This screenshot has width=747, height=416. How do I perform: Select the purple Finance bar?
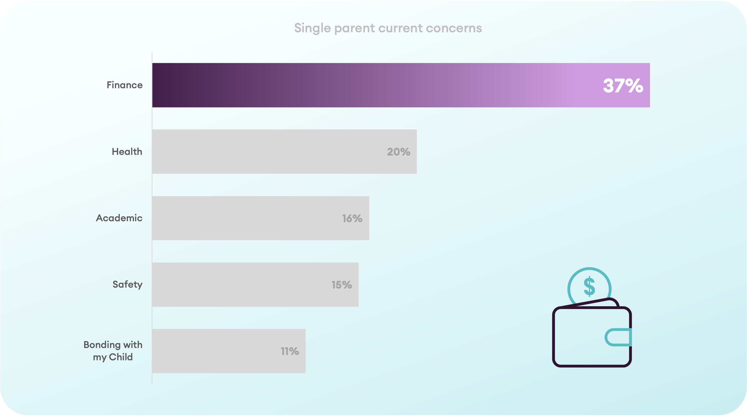click(x=401, y=85)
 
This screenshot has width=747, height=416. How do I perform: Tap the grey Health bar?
click(x=284, y=152)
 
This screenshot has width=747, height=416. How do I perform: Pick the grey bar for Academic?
click(x=261, y=218)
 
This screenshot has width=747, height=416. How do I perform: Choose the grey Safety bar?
click(x=255, y=285)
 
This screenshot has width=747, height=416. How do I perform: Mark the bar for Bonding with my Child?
click(x=229, y=351)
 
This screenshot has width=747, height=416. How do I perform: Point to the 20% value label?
click(x=398, y=152)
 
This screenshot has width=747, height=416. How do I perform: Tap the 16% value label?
click(x=352, y=218)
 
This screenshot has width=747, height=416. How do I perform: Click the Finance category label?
click(x=125, y=85)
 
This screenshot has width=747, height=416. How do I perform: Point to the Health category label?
click(x=127, y=151)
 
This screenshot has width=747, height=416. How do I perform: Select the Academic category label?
click(x=119, y=218)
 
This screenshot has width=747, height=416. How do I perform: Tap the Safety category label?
click(x=127, y=285)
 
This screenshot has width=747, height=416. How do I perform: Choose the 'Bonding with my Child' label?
click(x=113, y=351)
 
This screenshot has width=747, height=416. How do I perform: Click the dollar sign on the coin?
click(x=590, y=286)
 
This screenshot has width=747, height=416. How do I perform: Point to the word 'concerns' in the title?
click(x=454, y=28)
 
